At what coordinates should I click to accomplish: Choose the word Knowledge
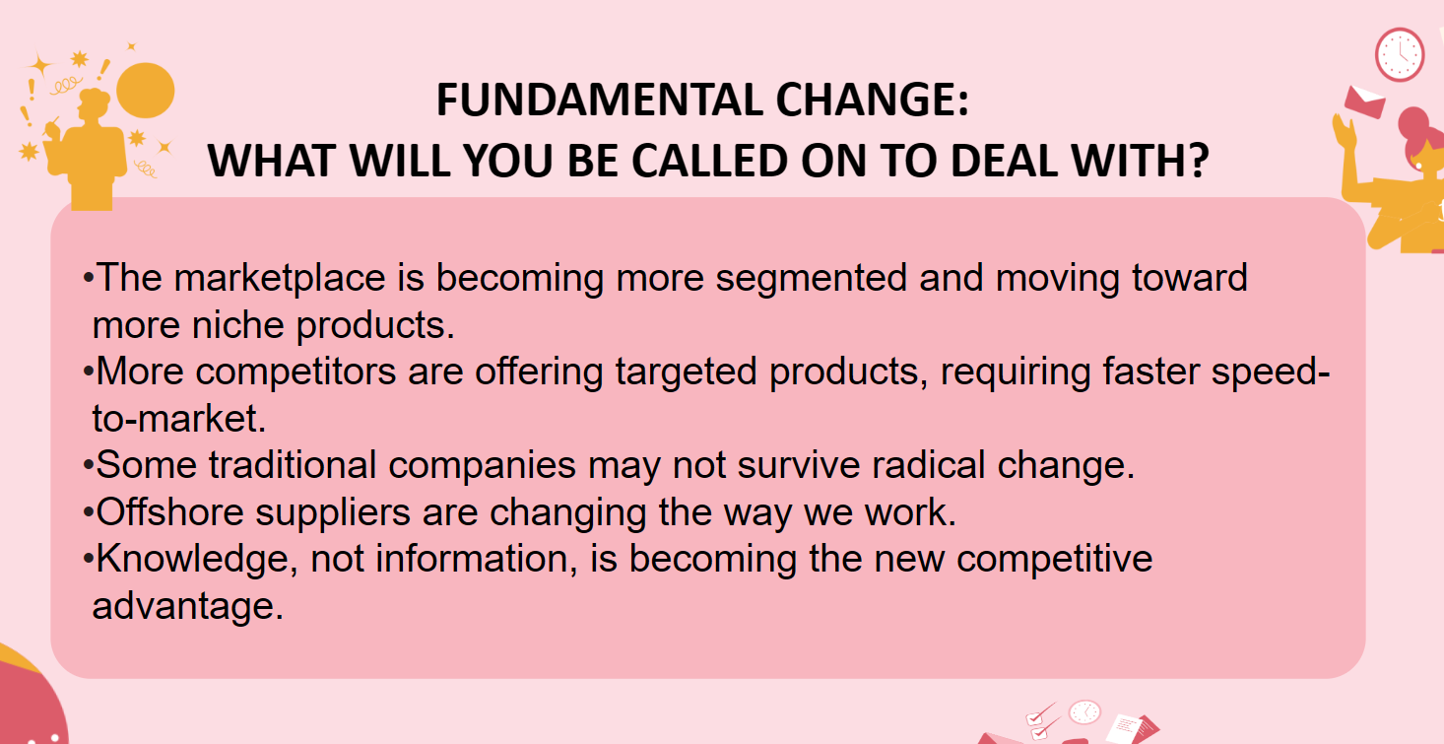point(192,560)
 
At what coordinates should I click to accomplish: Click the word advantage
point(187,606)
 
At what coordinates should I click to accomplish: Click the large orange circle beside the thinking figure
point(146,90)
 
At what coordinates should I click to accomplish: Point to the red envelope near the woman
point(1365,101)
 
